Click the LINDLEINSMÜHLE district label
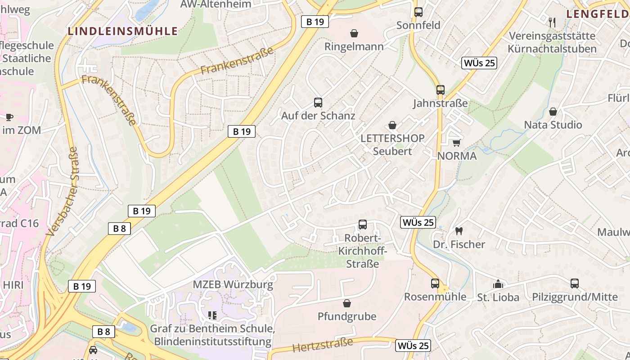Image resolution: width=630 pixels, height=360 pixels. pyautogui.click(x=123, y=31)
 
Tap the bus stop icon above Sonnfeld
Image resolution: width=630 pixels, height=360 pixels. pyautogui.click(x=418, y=12)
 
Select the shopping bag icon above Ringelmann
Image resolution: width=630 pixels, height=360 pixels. pyautogui.click(x=354, y=33)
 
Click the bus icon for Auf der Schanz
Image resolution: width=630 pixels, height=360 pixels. pyautogui.click(x=318, y=103)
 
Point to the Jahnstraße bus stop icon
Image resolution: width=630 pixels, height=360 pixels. pyautogui.click(x=441, y=90)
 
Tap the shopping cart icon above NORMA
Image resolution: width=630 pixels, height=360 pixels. pyautogui.click(x=456, y=143)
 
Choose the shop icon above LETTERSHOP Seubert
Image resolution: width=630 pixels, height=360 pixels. pyautogui.click(x=392, y=125)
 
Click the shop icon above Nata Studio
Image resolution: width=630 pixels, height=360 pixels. pyautogui.click(x=553, y=112)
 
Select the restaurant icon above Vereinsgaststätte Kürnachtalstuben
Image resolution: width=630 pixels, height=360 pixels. pyautogui.click(x=553, y=22)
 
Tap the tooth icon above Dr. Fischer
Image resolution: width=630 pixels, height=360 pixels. pyautogui.click(x=459, y=231)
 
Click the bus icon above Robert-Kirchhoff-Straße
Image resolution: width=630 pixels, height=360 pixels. pyautogui.click(x=363, y=224)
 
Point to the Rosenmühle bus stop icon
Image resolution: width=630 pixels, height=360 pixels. pyautogui.click(x=435, y=283)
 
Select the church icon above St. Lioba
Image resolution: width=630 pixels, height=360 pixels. pyautogui.click(x=498, y=284)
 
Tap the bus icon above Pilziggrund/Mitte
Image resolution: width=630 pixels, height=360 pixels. pyautogui.click(x=575, y=283)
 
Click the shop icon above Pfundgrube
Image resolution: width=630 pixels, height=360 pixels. pyautogui.click(x=347, y=303)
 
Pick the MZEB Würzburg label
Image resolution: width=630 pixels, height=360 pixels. pyautogui.click(x=233, y=285)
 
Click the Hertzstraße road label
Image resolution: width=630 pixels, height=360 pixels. pyautogui.click(x=323, y=345)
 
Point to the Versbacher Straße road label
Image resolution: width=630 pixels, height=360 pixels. pyautogui.click(x=62, y=191)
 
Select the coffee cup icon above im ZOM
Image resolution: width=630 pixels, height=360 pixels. pyautogui.click(x=9, y=117)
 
